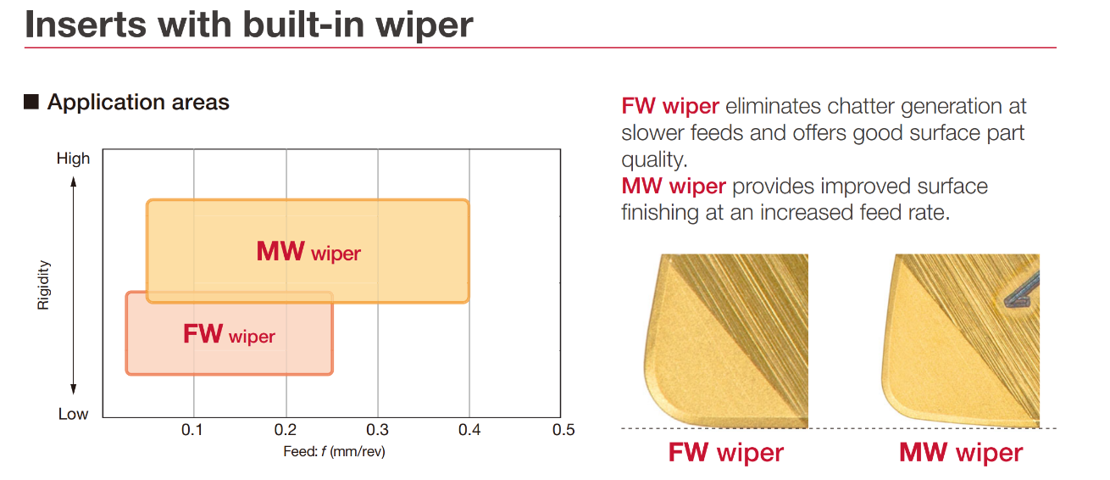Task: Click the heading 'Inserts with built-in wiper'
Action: [x=249, y=25]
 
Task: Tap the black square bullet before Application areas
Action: [x=31, y=102]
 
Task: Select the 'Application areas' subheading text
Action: [x=138, y=102]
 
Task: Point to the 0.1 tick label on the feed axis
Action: [x=191, y=429]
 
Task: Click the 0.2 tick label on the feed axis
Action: [x=285, y=429]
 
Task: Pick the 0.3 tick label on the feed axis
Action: [x=377, y=429]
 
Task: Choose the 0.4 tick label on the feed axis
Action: [x=469, y=429]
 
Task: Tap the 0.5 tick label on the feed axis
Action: [x=563, y=429]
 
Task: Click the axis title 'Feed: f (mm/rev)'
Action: [x=334, y=452]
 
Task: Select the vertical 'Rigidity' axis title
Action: [x=43, y=285]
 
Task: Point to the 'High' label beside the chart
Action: [x=74, y=159]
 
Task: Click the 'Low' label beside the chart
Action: [x=74, y=414]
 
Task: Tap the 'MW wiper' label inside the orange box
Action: [x=308, y=251]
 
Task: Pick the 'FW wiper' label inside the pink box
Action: [x=229, y=334]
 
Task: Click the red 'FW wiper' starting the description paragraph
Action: [x=670, y=106]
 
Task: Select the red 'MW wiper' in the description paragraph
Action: [x=674, y=187]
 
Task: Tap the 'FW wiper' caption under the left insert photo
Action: [x=726, y=452]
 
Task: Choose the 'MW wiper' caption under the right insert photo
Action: [x=961, y=452]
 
